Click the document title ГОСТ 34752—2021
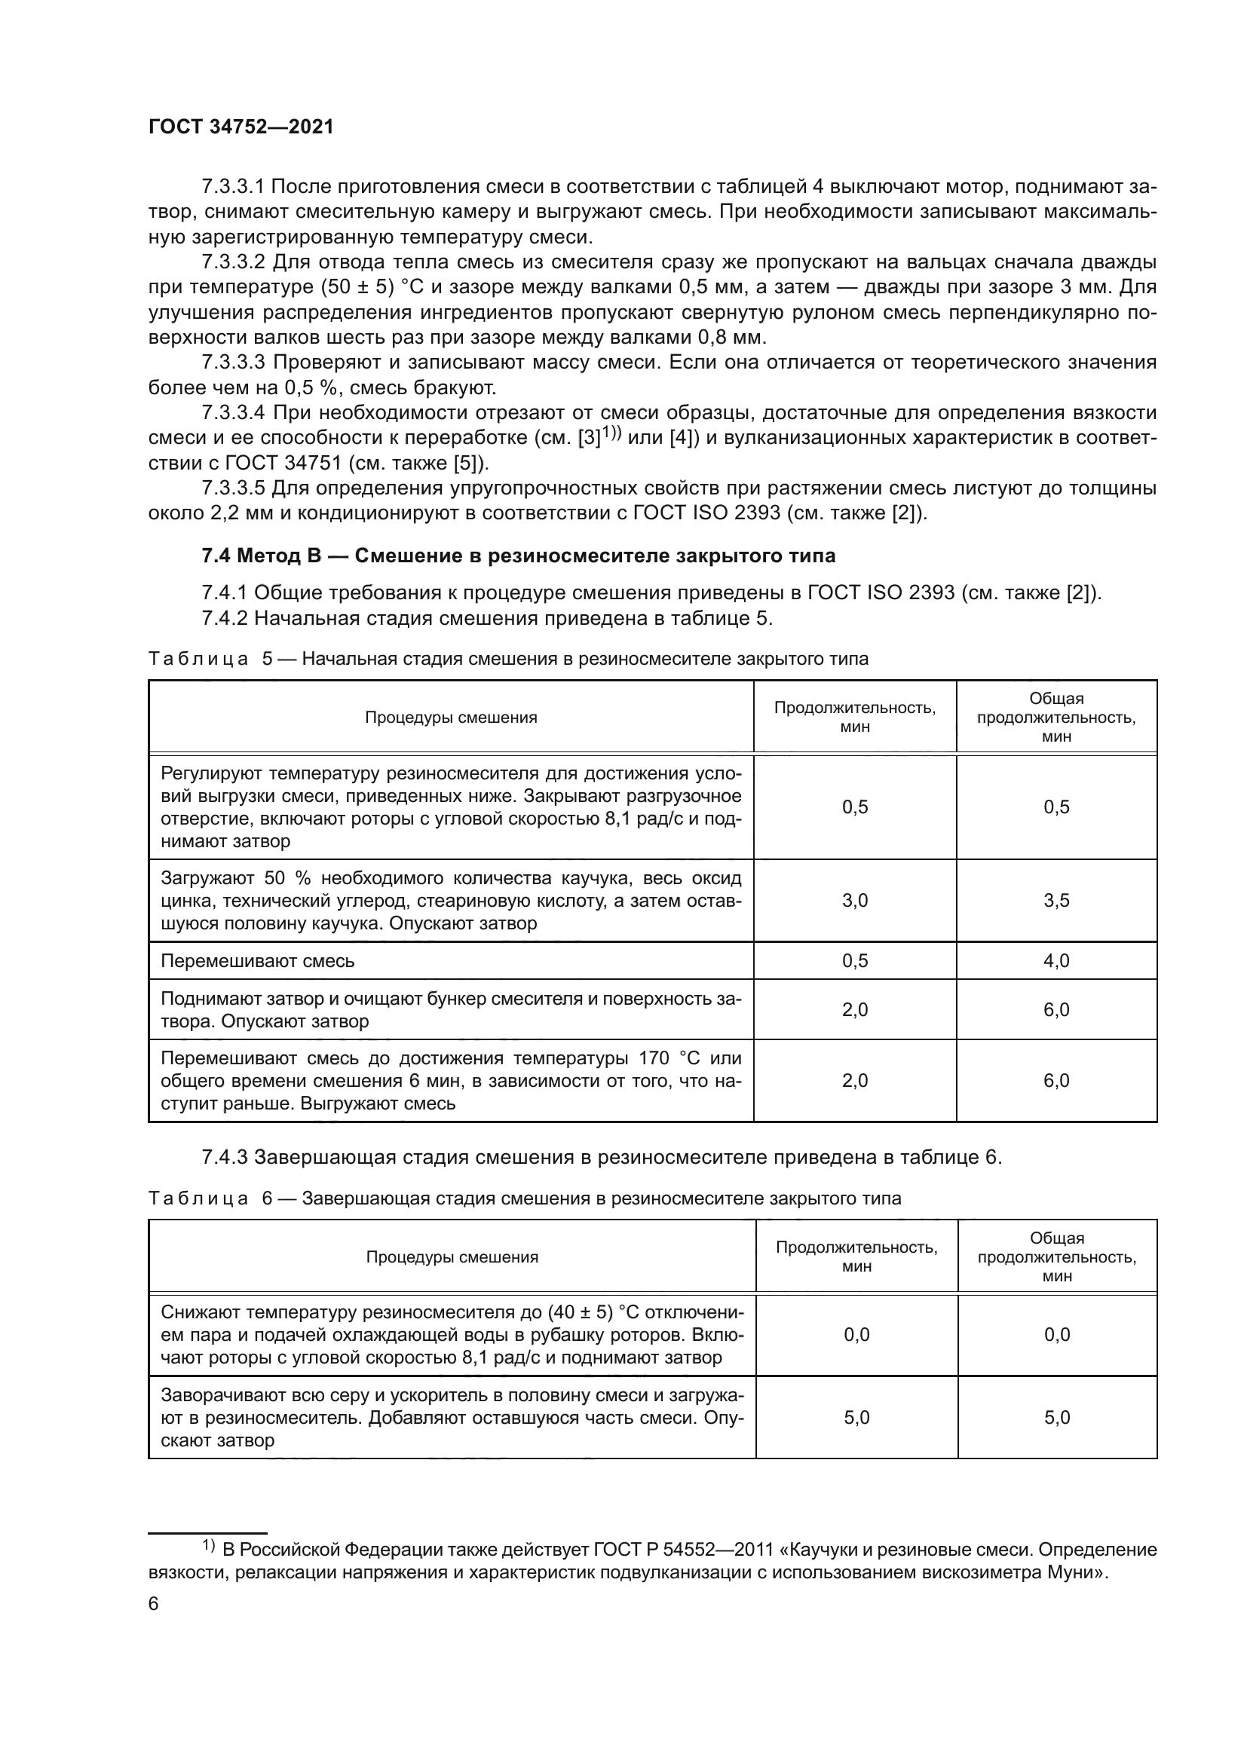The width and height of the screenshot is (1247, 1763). click(241, 127)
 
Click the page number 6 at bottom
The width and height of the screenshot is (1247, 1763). click(154, 1603)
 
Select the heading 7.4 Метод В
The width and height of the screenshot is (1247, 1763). click(518, 556)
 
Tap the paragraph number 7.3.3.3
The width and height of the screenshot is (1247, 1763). click(234, 363)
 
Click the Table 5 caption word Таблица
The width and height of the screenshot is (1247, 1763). click(198, 659)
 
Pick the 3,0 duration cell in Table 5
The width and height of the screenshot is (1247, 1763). click(855, 900)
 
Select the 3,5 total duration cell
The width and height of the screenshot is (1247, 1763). click(1056, 900)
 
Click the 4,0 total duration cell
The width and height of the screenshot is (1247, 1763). click(1056, 960)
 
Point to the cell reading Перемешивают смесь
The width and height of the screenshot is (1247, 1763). click(257, 960)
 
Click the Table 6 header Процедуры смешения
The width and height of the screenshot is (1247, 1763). click(452, 1257)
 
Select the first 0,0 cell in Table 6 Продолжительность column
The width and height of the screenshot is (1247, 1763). click(856, 1335)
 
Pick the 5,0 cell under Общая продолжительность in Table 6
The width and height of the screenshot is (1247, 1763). click(1056, 1418)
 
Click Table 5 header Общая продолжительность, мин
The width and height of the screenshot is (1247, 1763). click(1056, 717)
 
